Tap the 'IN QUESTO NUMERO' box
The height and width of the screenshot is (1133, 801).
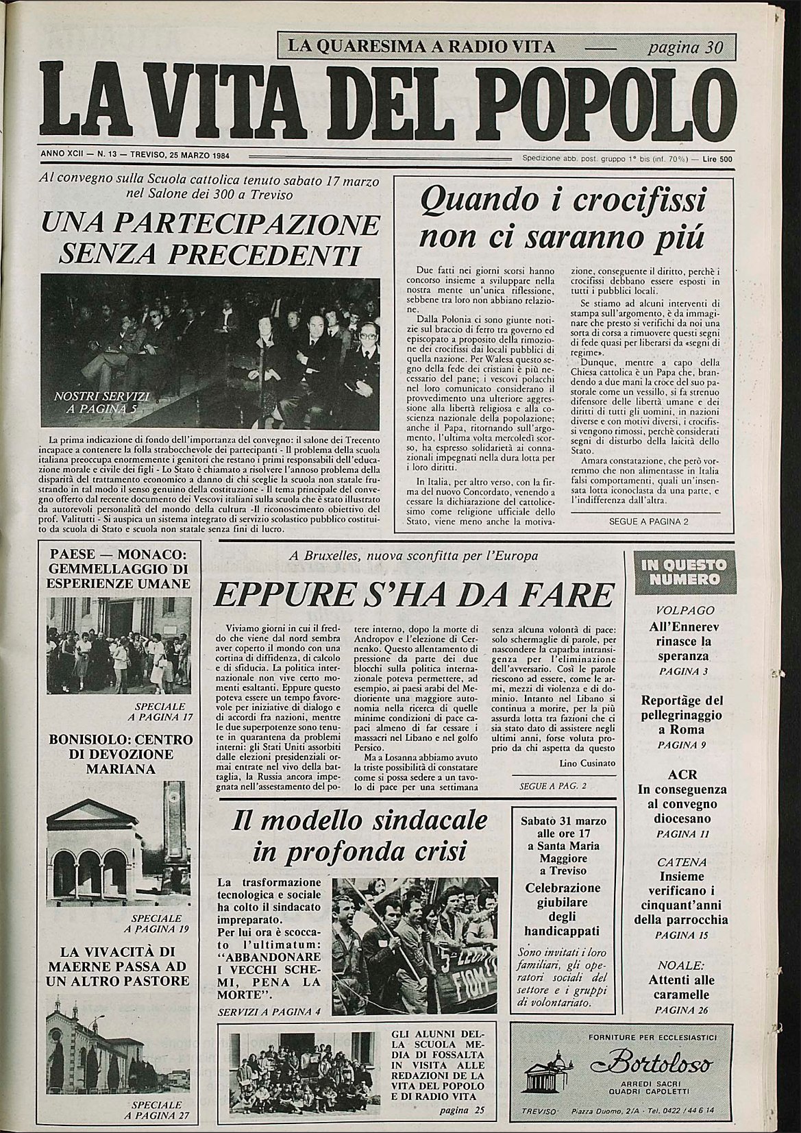681,573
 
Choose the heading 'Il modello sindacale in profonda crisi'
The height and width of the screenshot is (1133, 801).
360,836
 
